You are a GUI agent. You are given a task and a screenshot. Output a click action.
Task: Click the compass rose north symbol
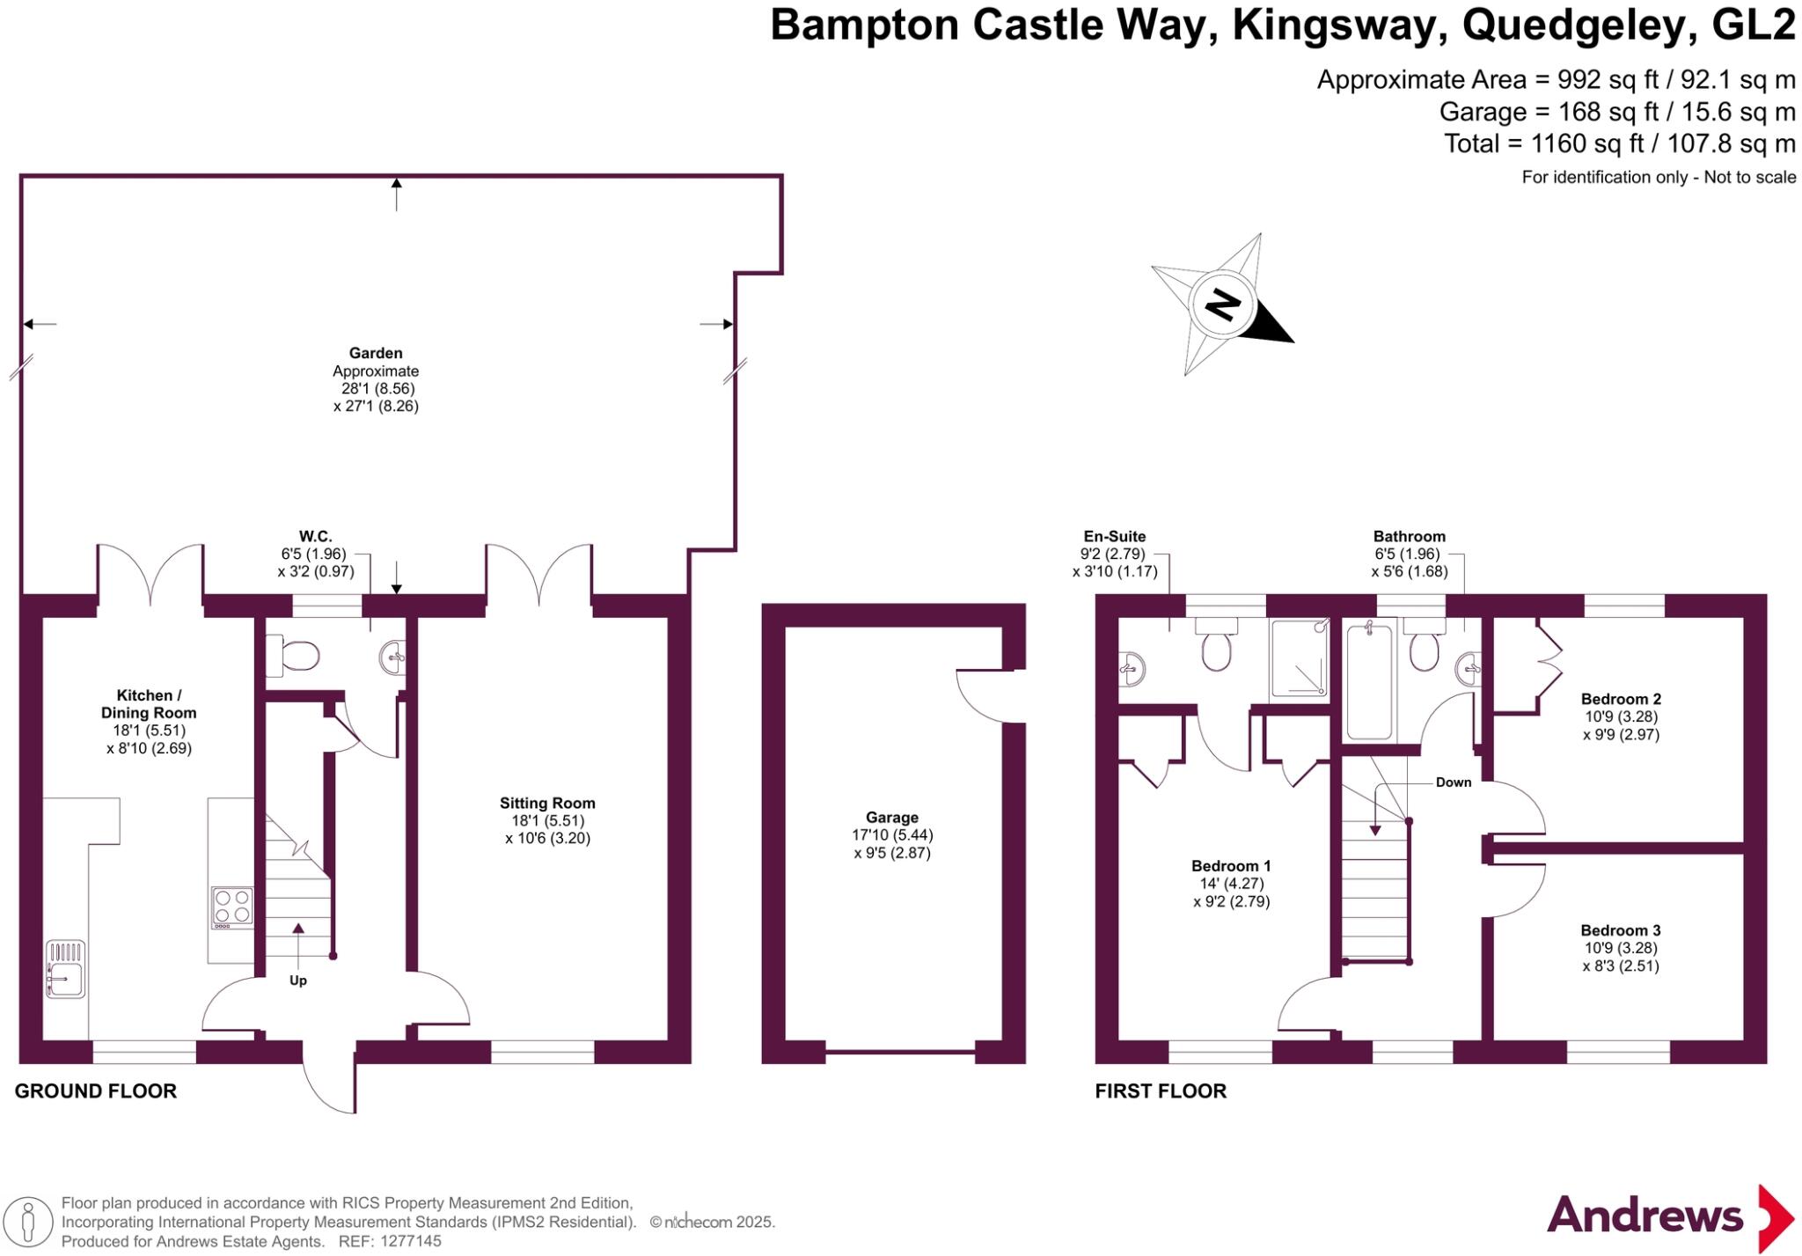1221,305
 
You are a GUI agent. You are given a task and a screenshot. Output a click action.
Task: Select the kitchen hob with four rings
232,907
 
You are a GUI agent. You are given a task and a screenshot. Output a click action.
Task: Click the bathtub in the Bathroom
1370,680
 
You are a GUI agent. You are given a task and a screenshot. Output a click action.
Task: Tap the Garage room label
891,818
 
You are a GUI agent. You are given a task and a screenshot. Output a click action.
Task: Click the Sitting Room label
547,803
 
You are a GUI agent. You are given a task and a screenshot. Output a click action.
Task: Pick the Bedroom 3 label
1620,930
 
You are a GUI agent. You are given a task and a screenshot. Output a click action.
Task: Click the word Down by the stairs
1453,782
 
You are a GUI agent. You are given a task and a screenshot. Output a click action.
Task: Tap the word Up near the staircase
298,981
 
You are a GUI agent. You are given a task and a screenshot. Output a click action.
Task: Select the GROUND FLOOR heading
96,1091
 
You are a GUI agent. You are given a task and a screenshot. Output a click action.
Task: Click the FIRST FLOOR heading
1161,1091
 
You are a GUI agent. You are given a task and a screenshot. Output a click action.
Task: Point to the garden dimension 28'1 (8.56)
378,388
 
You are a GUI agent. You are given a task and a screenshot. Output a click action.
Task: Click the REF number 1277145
410,1242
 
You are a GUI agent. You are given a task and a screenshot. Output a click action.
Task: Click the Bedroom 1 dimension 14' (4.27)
1231,884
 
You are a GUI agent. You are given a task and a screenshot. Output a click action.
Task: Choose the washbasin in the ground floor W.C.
393,655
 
